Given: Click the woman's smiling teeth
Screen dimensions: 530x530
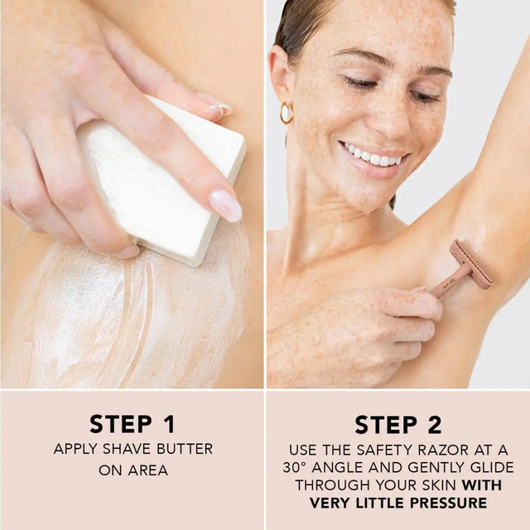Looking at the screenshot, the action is pos(371,157).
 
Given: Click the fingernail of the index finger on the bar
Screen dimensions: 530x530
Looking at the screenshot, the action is pos(225,205).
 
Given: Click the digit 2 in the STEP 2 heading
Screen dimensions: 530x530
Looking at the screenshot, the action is pos(435,425).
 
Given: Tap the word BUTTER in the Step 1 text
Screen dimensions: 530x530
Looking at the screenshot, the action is pos(185,449).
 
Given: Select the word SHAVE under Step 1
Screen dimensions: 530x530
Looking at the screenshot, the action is pos(127,449).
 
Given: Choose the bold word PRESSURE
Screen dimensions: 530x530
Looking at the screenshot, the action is pos(449,503).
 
